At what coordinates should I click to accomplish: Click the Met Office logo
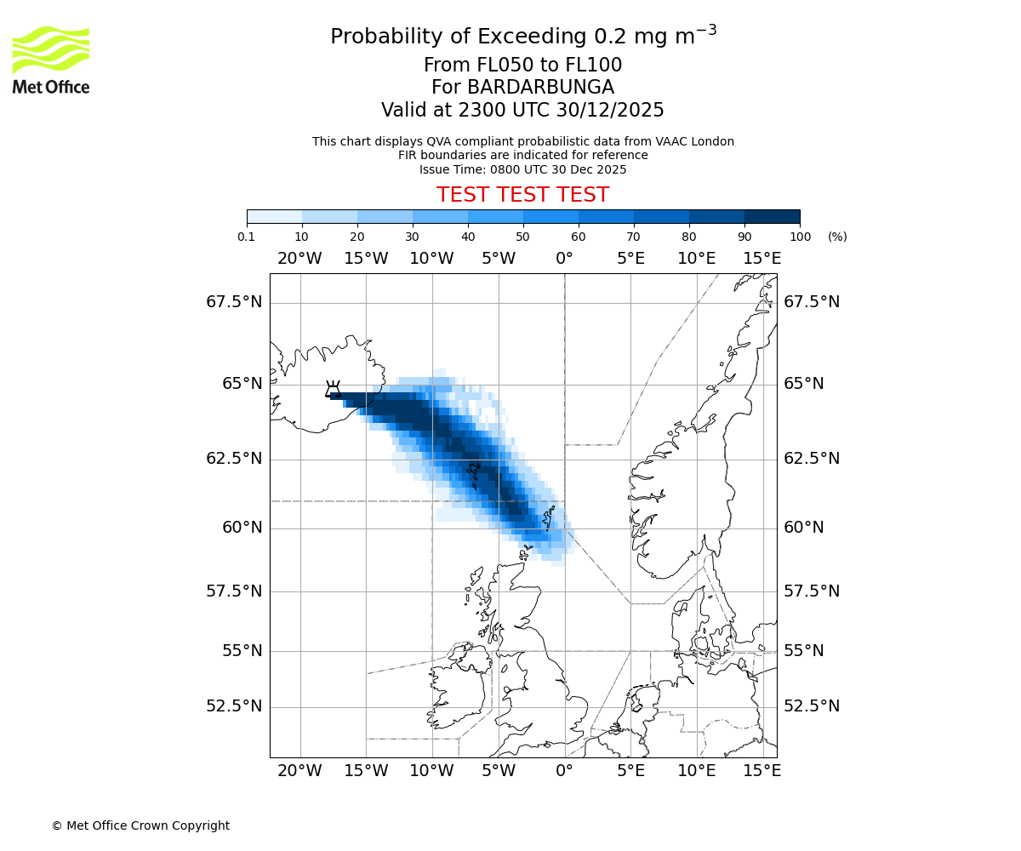51,60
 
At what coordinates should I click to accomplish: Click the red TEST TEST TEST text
522,195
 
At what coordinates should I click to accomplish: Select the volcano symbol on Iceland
333,390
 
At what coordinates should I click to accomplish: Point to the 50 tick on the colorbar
523,224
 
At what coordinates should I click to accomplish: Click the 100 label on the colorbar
800,237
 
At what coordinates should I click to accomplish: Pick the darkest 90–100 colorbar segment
772,216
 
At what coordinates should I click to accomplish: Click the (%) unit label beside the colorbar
837,237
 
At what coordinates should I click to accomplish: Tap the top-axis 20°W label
299,259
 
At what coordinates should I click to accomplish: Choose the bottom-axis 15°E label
762,771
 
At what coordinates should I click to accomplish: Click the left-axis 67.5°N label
234,302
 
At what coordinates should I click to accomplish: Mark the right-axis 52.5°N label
812,706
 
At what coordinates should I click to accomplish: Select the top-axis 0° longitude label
564,259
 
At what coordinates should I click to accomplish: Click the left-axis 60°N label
242,528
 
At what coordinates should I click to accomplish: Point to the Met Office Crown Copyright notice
140,825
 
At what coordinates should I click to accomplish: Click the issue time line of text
522,169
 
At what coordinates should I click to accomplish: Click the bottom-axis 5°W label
499,771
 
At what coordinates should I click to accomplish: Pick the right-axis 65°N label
804,384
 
